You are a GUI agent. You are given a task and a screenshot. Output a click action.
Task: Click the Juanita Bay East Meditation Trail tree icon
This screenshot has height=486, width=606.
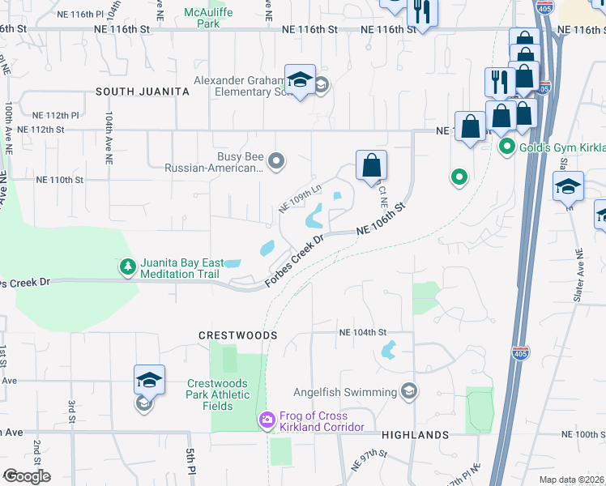tap(127, 266)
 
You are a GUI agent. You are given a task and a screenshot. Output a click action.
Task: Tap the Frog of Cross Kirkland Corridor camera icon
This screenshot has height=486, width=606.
tap(266, 419)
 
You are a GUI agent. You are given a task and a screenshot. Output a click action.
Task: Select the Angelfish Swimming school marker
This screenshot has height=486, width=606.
tap(409, 392)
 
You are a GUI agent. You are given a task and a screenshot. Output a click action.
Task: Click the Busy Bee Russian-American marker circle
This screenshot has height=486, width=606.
tap(276, 161)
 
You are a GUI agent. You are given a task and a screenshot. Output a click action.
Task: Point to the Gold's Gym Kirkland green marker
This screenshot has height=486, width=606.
tap(507, 147)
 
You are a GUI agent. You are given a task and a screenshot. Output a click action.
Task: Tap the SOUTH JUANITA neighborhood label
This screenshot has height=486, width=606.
tap(143, 92)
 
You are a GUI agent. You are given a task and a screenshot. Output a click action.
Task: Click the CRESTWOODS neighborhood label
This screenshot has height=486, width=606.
tap(239, 335)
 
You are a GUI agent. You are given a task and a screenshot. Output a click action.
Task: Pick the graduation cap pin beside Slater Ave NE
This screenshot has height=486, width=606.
tap(569, 186)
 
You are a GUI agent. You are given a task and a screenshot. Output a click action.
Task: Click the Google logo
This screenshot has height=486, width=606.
tap(27, 476)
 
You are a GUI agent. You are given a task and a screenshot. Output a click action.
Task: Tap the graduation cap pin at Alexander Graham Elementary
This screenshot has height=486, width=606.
tap(300, 81)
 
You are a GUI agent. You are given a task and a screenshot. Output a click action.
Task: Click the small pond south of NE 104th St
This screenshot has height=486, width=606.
tap(388, 350)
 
